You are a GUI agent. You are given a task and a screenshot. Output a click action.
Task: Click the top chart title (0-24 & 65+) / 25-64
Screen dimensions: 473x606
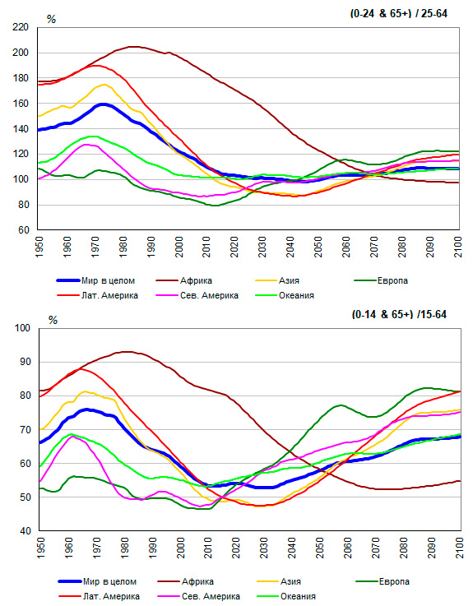[399, 13]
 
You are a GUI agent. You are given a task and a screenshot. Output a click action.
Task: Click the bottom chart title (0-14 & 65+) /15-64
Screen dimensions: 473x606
[399, 315]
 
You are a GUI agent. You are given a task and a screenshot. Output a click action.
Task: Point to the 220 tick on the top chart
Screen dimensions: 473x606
[21, 27]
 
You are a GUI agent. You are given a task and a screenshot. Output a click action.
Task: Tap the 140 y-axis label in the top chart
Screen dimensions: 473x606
[21, 129]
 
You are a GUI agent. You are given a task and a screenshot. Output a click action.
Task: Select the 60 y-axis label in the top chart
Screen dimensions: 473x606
[24, 230]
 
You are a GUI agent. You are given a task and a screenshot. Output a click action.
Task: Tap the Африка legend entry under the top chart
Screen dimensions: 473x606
[184, 280]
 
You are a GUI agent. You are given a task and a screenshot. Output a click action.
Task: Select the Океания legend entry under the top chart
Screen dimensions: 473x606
[285, 296]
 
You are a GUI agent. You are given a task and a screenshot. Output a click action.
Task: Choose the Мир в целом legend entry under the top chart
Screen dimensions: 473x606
[96, 280]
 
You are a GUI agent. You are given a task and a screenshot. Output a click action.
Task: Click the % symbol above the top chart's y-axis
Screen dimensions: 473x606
[52, 19]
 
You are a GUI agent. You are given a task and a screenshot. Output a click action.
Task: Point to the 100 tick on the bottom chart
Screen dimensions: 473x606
[22, 328]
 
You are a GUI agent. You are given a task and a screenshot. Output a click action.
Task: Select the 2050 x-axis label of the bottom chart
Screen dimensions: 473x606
[320, 548]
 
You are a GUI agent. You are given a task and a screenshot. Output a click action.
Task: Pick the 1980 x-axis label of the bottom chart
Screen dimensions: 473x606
[124, 548]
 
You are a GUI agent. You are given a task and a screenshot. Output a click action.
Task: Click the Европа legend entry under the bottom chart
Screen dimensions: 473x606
[383, 581]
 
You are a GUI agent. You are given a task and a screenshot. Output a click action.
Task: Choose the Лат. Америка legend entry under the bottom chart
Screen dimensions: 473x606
[100, 596]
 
